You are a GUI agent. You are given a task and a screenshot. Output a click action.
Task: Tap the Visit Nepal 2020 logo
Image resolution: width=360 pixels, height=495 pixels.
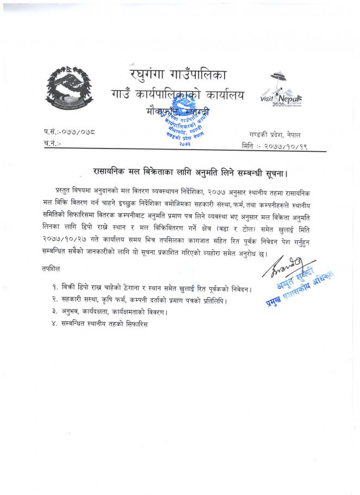pos(285,90)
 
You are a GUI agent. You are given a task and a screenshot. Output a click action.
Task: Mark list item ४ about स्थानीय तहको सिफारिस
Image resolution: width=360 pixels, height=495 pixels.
pos(101,324)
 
